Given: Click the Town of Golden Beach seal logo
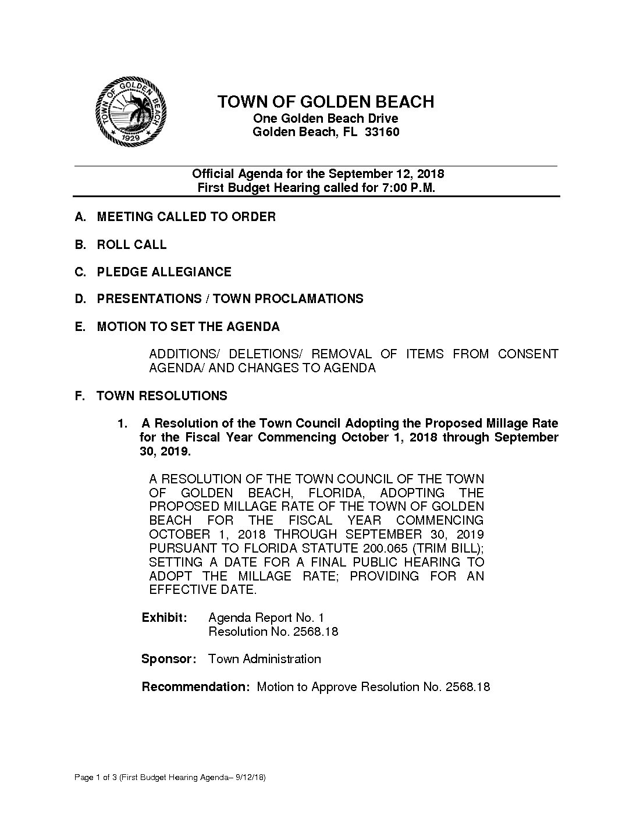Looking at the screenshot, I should pos(131,112).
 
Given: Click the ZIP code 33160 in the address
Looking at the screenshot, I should pos(382,132).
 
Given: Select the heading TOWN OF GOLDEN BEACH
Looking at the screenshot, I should pos(326,102).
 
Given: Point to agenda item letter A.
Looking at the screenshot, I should pos(80,217).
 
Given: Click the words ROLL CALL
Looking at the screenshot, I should pos(132,245).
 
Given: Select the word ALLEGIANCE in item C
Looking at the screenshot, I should pos(191,272).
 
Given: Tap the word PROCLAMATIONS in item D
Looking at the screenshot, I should pos(309,299).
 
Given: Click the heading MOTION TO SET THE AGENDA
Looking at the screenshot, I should pos(189,327).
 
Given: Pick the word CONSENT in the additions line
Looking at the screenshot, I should pos(528,354).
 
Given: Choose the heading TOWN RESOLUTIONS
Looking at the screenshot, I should pos(162,396).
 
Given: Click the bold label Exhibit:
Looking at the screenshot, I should pos(165,618).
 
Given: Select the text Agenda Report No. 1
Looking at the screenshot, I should pos(266,618).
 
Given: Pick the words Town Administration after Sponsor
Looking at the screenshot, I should pos(265,659).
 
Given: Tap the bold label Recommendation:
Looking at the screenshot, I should pos(195,687).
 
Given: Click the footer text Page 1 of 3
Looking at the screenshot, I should pos(95,778).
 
